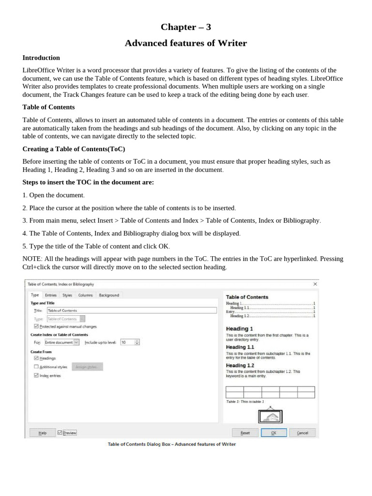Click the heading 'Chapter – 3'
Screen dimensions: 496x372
186,27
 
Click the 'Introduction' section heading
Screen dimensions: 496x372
41,58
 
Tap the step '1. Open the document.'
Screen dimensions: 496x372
54,195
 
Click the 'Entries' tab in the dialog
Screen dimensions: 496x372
50,295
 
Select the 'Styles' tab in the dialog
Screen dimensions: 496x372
67,295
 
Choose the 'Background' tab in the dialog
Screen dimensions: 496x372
108,295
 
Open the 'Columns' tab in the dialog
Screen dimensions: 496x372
85,295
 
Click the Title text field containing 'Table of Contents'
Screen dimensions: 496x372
131,310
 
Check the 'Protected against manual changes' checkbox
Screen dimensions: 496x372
37,326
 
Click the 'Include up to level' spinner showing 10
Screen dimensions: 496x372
129,342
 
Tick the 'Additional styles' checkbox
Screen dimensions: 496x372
36,367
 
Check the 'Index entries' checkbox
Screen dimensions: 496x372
37,375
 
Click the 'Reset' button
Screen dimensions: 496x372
245,433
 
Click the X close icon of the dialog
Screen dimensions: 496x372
315,284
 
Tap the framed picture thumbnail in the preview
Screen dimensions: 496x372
270,415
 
